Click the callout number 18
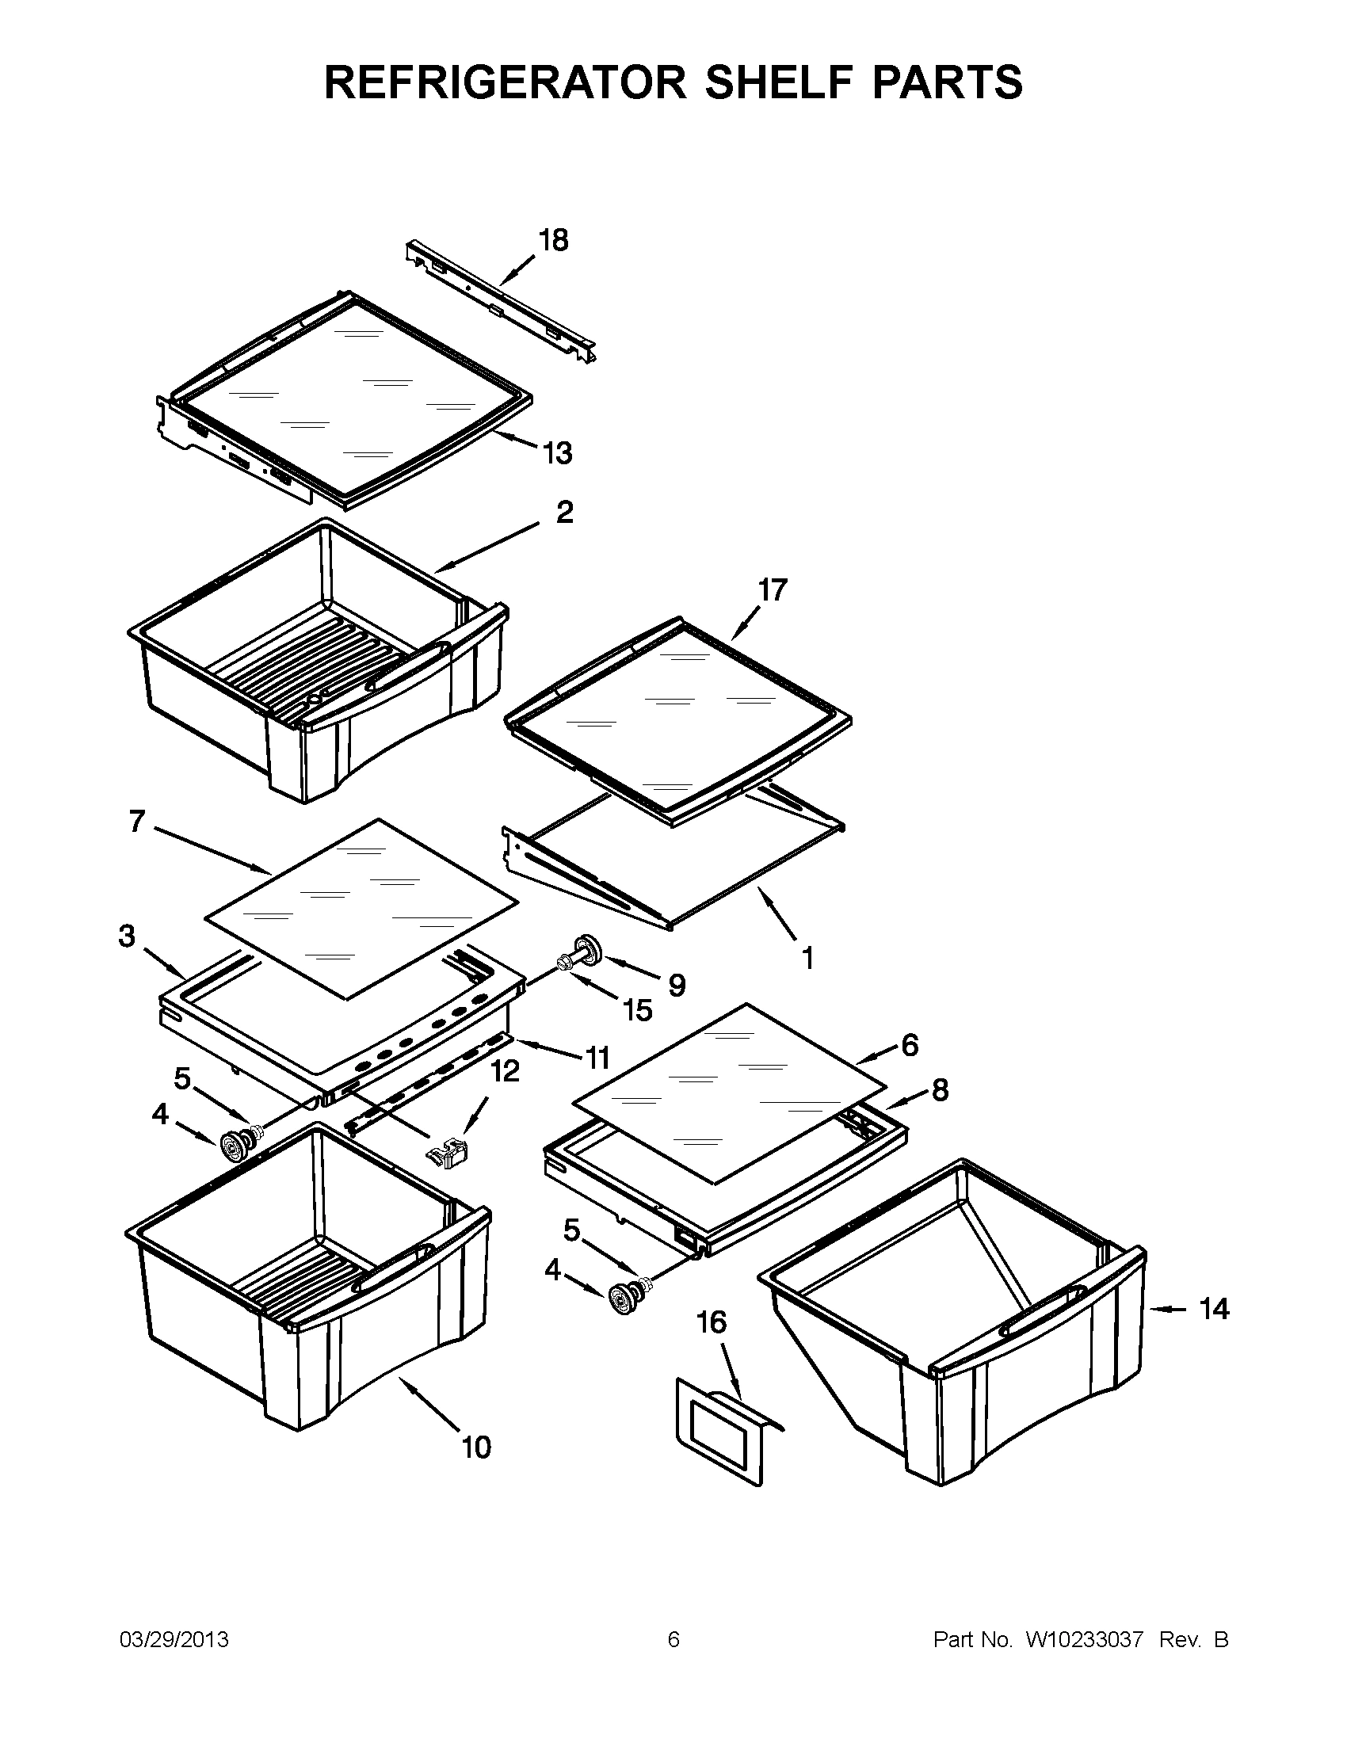553,240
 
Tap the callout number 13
558,453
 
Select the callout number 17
773,589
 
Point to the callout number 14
1214,1309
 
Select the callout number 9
677,985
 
